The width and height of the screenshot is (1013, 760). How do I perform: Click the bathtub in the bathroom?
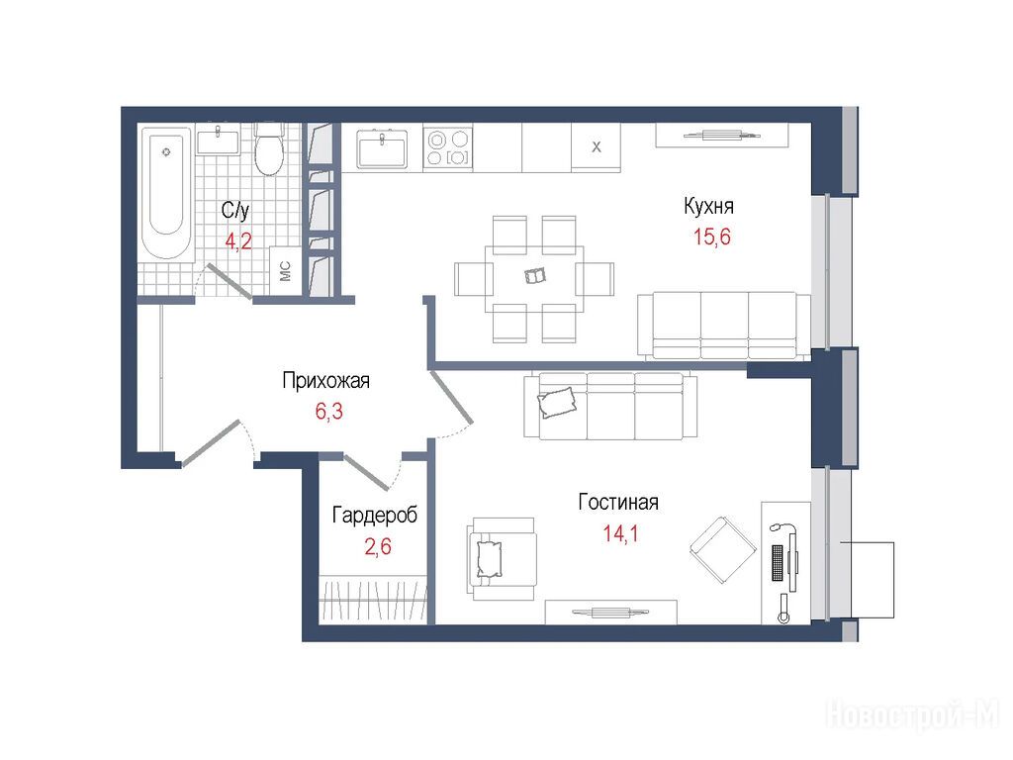(x=166, y=194)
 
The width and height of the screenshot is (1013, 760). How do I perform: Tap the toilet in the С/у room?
(x=269, y=150)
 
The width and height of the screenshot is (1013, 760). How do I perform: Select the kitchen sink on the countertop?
(x=382, y=148)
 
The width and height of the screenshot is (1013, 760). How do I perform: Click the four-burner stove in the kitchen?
(x=448, y=148)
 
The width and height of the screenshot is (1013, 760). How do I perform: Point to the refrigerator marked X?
(x=596, y=148)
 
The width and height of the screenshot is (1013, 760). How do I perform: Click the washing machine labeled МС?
(x=286, y=271)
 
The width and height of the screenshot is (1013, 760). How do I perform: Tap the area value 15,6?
(x=712, y=237)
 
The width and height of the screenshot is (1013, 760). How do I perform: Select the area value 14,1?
(x=620, y=533)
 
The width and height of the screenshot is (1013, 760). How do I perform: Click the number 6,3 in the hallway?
(x=328, y=411)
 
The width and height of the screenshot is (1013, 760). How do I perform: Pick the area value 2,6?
(x=378, y=546)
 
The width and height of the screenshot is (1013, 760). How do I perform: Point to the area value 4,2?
(x=237, y=241)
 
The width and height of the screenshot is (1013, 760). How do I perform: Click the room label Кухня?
(x=708, y=206)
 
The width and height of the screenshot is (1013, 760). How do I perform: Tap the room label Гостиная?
(x=618, y=502)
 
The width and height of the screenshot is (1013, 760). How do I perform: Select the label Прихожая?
(x=326, y=381)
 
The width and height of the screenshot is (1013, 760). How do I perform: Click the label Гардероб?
(x=375, y=515)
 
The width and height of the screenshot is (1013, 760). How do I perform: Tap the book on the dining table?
(x=535, y=276)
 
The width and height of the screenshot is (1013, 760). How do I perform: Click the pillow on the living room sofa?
(x=556, y=402)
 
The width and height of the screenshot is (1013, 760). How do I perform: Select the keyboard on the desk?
(x=778, y=563)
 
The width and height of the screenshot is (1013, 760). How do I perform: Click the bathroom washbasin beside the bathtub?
(x=218, y=142)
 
